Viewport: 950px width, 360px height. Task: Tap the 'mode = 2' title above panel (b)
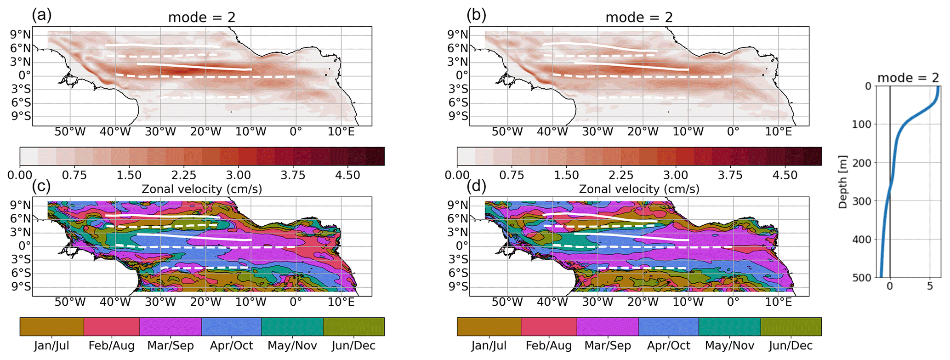point(639,17)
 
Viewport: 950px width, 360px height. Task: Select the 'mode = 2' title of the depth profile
point(908,78)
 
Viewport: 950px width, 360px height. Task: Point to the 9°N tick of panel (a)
point(21,34)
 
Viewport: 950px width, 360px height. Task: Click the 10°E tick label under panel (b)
point(778,132)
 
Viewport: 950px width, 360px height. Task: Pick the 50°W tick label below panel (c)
point(70,302)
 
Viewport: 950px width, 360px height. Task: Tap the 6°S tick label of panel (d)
point(458,273)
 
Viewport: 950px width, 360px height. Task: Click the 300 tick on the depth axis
point(861,201)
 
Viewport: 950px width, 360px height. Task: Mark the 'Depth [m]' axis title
point(843,182)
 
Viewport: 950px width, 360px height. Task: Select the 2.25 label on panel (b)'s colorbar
point(621,176)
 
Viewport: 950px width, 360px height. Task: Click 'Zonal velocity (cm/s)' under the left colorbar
point(202,189)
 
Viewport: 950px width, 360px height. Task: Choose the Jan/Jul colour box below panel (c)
point(51,326)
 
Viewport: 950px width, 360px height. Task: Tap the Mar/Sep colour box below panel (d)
point(608,326)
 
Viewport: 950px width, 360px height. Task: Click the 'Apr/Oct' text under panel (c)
point(231,346)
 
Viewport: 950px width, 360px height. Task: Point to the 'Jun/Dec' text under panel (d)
point(791,346)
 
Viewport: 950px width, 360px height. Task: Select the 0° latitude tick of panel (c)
point(24,246)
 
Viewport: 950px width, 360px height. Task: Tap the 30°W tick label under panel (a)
point(160,132)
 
